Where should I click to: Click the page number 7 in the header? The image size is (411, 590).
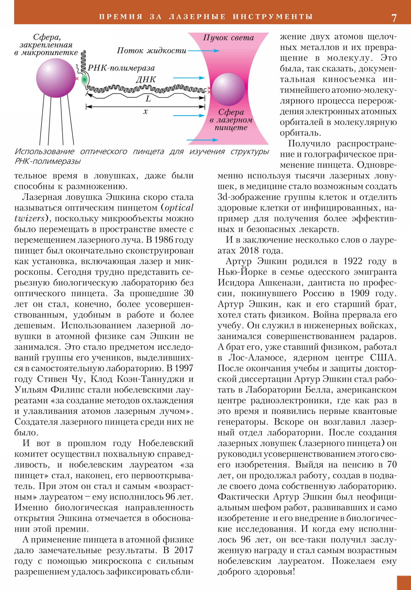coord(394,18)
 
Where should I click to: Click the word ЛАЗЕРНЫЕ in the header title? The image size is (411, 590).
coord(197,17)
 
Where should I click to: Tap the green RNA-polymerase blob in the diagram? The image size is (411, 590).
coord(84,80)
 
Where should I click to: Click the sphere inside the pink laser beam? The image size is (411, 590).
coord(228,89)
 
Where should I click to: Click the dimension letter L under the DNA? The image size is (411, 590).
coord(148,99)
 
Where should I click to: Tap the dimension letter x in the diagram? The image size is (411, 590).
coord(145,111)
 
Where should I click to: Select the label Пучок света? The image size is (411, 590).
coord(228,37)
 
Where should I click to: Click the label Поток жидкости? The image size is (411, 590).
coord(152,50)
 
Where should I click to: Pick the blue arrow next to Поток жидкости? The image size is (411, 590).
coord(203,51)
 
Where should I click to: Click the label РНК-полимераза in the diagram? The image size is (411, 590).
coord(121,68)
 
